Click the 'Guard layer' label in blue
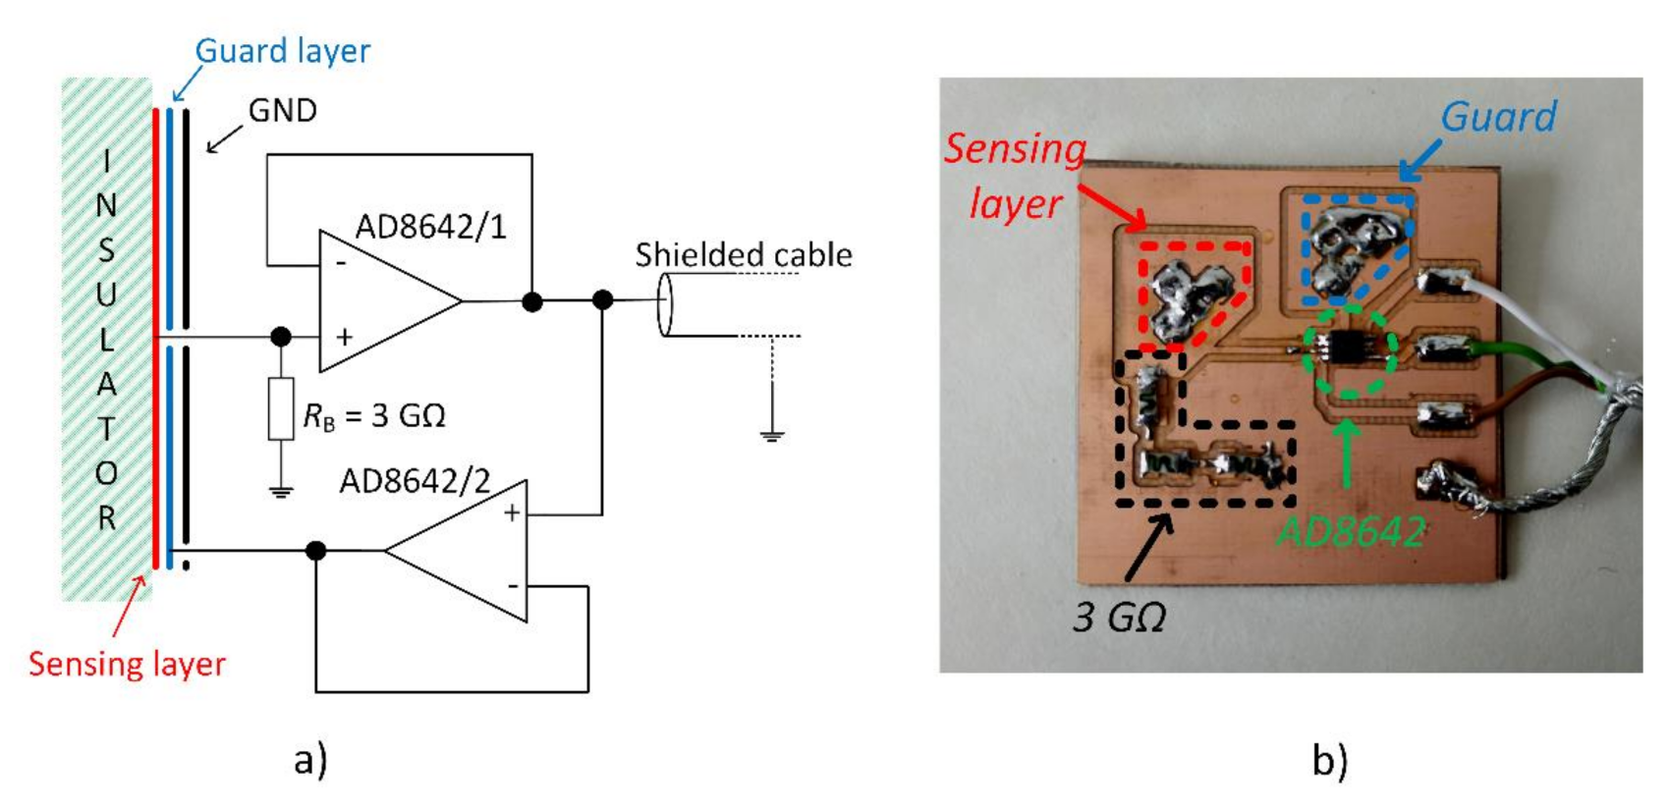[x=282, y=51]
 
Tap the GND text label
[x=282, y=110]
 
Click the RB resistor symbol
[x=281, y=407]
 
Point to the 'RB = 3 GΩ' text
[x=374, y=415]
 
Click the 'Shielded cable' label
[x=743, y=255]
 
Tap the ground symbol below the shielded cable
[x=772, y=435]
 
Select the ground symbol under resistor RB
[x=281, y=492]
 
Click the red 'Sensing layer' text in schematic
[x=127, y=665]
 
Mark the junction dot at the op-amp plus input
[x=281, y=337]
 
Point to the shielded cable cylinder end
[x=665, y=304]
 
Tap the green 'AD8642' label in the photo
[x=1350, y=532]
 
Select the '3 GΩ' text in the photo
[x=1119, y=618]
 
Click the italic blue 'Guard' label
[x=1498, y=117]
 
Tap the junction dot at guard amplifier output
[x=316, y=551]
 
